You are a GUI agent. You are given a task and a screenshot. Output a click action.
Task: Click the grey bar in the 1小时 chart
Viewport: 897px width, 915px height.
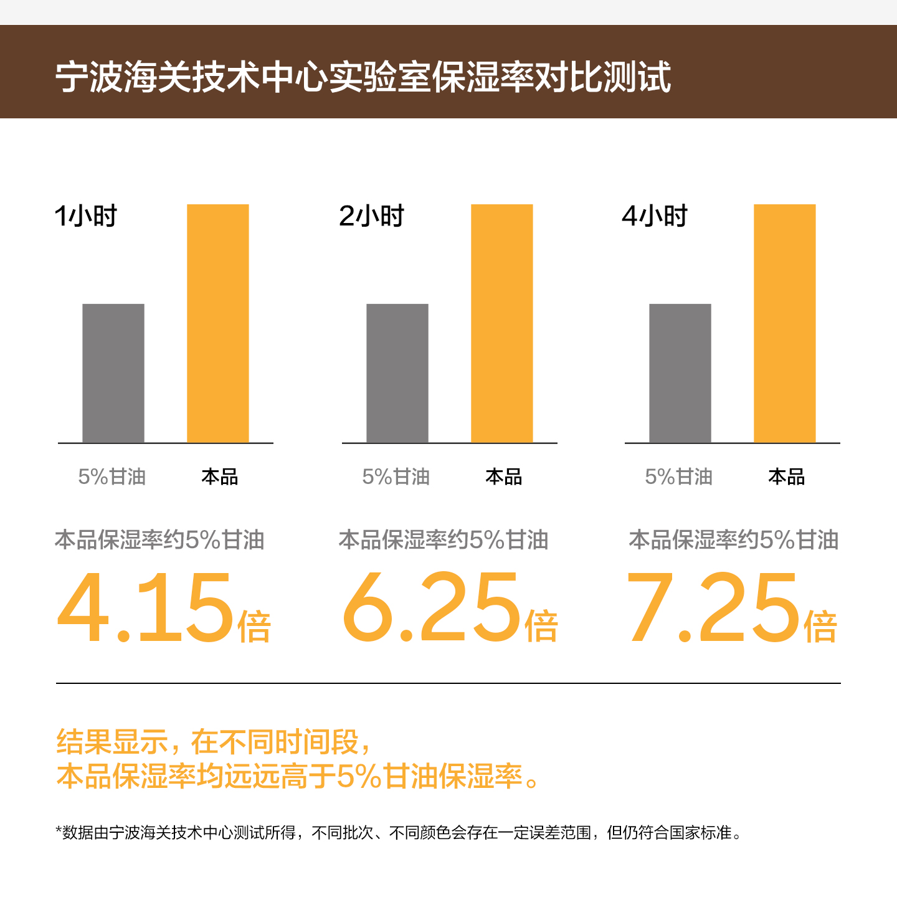coord(113,373)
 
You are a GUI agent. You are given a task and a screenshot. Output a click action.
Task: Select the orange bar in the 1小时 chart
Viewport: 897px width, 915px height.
coord(218,323)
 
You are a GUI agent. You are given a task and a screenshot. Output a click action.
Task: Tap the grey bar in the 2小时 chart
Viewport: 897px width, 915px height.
coord(397,373)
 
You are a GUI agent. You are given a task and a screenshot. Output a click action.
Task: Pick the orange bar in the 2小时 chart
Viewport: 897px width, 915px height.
coord(502,323)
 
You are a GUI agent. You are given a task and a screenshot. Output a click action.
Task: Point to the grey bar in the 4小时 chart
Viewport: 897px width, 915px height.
coord(680,373)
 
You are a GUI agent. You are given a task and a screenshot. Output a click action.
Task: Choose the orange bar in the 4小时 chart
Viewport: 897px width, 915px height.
coord(785,323)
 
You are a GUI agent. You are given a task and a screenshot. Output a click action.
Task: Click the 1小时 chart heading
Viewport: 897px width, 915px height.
coord(86,216)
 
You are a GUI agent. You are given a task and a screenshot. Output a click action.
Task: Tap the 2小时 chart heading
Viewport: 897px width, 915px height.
coord(371,216)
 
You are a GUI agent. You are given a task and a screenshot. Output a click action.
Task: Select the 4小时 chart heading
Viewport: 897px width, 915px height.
coord(655,216)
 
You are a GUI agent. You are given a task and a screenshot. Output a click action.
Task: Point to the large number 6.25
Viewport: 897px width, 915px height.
coord(432,608)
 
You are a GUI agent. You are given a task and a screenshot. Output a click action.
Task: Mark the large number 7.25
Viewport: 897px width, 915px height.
coord(713,608)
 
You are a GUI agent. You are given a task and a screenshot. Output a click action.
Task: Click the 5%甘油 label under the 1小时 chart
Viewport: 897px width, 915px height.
coord(112,477)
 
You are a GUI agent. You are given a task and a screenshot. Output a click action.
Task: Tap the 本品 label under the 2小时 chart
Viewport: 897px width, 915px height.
coord(504,477)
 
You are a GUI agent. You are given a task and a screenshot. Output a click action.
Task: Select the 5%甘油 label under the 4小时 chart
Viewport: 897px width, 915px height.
coord(679,477)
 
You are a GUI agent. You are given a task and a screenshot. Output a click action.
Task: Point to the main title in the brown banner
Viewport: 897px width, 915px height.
coord(363,77)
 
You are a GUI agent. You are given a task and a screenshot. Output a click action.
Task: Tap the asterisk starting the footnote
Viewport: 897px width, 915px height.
coord(59,830)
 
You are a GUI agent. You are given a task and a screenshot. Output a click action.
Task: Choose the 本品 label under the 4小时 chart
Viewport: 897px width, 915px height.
coord(787,477)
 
